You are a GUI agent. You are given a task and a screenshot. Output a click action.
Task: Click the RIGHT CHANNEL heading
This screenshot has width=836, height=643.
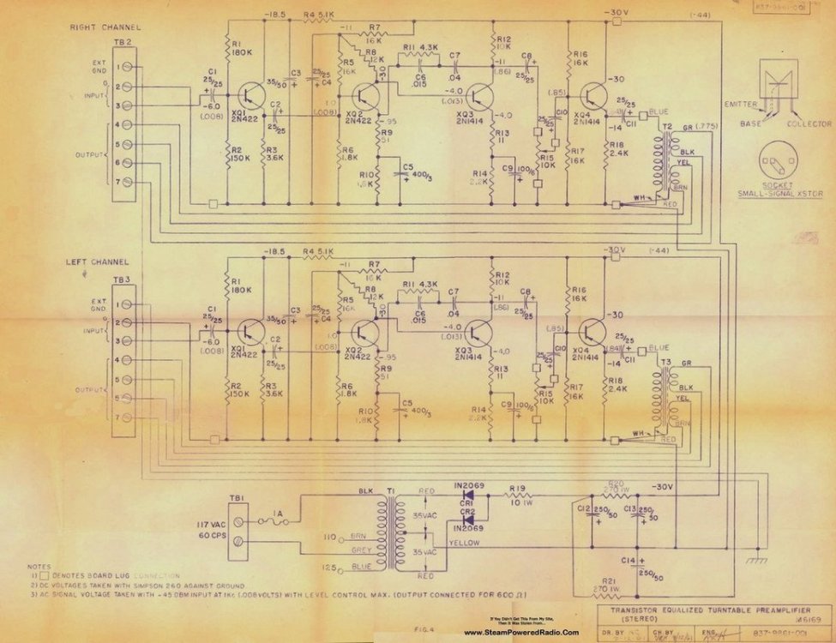(104, 27)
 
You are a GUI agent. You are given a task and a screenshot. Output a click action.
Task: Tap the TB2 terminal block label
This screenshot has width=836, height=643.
(123, 43)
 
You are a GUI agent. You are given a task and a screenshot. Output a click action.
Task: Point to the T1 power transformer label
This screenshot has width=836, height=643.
(392, 492)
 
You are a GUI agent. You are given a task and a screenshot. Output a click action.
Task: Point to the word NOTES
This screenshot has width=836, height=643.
(39, 566)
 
